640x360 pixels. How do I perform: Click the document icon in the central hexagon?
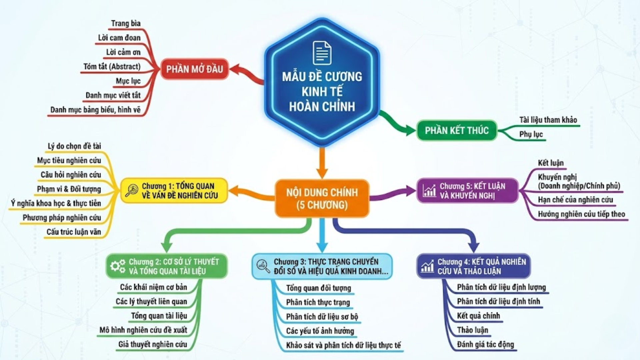point(322,53)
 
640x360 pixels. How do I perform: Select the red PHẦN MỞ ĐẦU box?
point(194,69)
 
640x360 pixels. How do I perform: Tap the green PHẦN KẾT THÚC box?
point(457,130)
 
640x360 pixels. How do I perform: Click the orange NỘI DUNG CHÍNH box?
point(322,198)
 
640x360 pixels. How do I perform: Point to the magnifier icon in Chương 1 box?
point(131,191)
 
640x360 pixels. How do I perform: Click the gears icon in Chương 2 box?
point(118,266)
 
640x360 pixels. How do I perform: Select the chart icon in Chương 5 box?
point(429,191)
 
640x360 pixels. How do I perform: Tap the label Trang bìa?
point(126,23)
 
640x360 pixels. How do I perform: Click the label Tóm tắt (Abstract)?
point(112,67)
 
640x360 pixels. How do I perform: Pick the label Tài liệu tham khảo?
point(548,120)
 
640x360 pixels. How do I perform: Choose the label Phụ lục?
point(531,134)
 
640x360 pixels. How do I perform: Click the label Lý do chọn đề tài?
point(74,146)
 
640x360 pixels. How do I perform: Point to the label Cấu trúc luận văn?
point(74,232)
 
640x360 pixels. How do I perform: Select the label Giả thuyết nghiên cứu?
point(153,344)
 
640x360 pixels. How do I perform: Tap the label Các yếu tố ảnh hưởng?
point(320,331)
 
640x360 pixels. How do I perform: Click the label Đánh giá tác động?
point(485,344)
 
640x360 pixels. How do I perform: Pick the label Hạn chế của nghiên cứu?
point(575,200)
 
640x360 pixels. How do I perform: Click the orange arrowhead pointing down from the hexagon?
point(322,173)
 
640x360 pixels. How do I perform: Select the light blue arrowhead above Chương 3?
point(322,248)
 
